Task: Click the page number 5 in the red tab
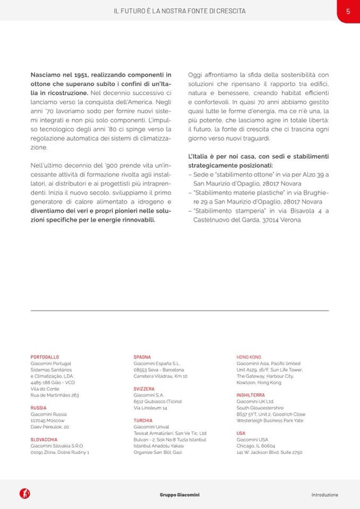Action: [347, 11]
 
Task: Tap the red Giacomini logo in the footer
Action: [24, 494]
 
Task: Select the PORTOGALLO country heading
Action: [45, 357]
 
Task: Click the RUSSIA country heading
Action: [39, 408]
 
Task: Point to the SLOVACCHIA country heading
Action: [44, 439]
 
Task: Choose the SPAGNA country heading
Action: [142, 357]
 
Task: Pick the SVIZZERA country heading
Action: [144, 389]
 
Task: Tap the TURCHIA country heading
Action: [143, 420]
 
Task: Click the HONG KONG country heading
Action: [248, 357]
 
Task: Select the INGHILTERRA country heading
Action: [251, 395]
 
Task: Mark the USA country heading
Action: [241, 433]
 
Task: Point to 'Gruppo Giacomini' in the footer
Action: [180, 495]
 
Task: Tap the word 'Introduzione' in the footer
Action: [324, 495]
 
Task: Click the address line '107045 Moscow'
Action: [48, 420]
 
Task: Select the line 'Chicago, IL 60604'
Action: [256, 446]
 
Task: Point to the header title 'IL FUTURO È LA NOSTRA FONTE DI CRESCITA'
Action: [180, 11]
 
